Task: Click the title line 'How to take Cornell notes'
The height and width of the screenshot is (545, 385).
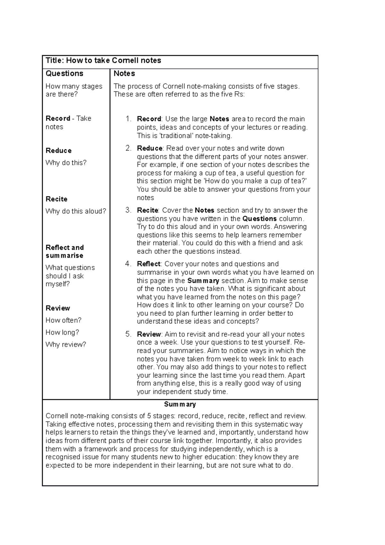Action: click(103, 61)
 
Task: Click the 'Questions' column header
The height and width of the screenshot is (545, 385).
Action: click(64, 74)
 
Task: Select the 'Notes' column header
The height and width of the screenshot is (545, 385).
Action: click(124, 74)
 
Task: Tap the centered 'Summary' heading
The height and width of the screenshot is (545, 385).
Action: click(180, 404)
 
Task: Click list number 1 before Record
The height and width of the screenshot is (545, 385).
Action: click(128, 119)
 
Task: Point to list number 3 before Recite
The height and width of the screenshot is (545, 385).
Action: click(128, 211)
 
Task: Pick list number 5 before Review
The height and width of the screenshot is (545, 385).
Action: click(128, 334)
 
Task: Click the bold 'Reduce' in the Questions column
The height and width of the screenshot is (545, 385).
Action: click(58, 151)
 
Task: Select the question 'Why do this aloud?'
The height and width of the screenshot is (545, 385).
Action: click(76, 211)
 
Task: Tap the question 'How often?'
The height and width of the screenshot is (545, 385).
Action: click(64, 320)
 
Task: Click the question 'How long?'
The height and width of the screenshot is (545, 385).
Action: click(62, 333)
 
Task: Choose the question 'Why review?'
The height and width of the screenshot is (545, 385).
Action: click(66, 345)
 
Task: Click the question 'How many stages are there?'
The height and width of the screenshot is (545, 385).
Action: click(74, 90)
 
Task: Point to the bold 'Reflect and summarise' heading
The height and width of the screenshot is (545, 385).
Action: click(64, 252)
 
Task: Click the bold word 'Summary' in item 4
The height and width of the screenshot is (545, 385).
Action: click(203, 281)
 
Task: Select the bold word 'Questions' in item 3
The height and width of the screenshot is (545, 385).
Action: click(260, 219)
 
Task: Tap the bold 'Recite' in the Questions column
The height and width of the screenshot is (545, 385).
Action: click(56, 199)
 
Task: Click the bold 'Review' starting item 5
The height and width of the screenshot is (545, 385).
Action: click(149, 334)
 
